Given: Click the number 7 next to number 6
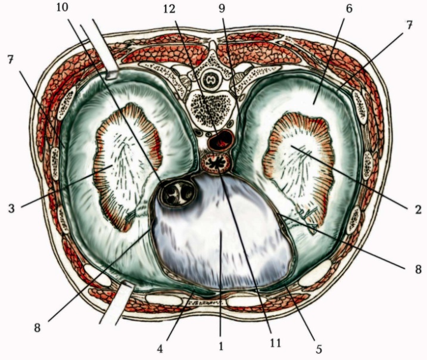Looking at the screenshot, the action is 409,27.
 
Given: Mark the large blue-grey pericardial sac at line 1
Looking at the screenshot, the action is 220,238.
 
